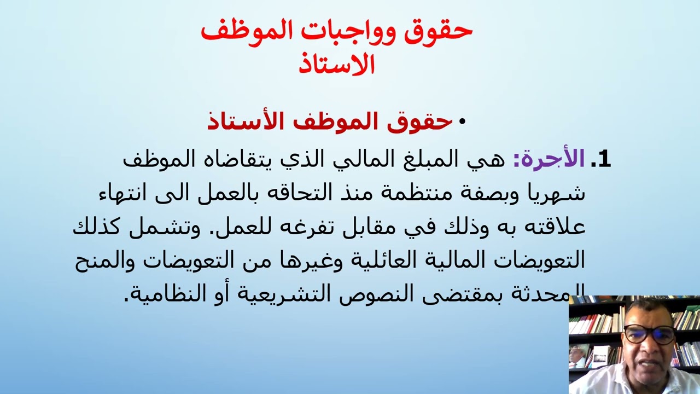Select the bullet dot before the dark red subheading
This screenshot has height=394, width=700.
coord(462,122)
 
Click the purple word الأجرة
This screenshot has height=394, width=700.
coord(549,159)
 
